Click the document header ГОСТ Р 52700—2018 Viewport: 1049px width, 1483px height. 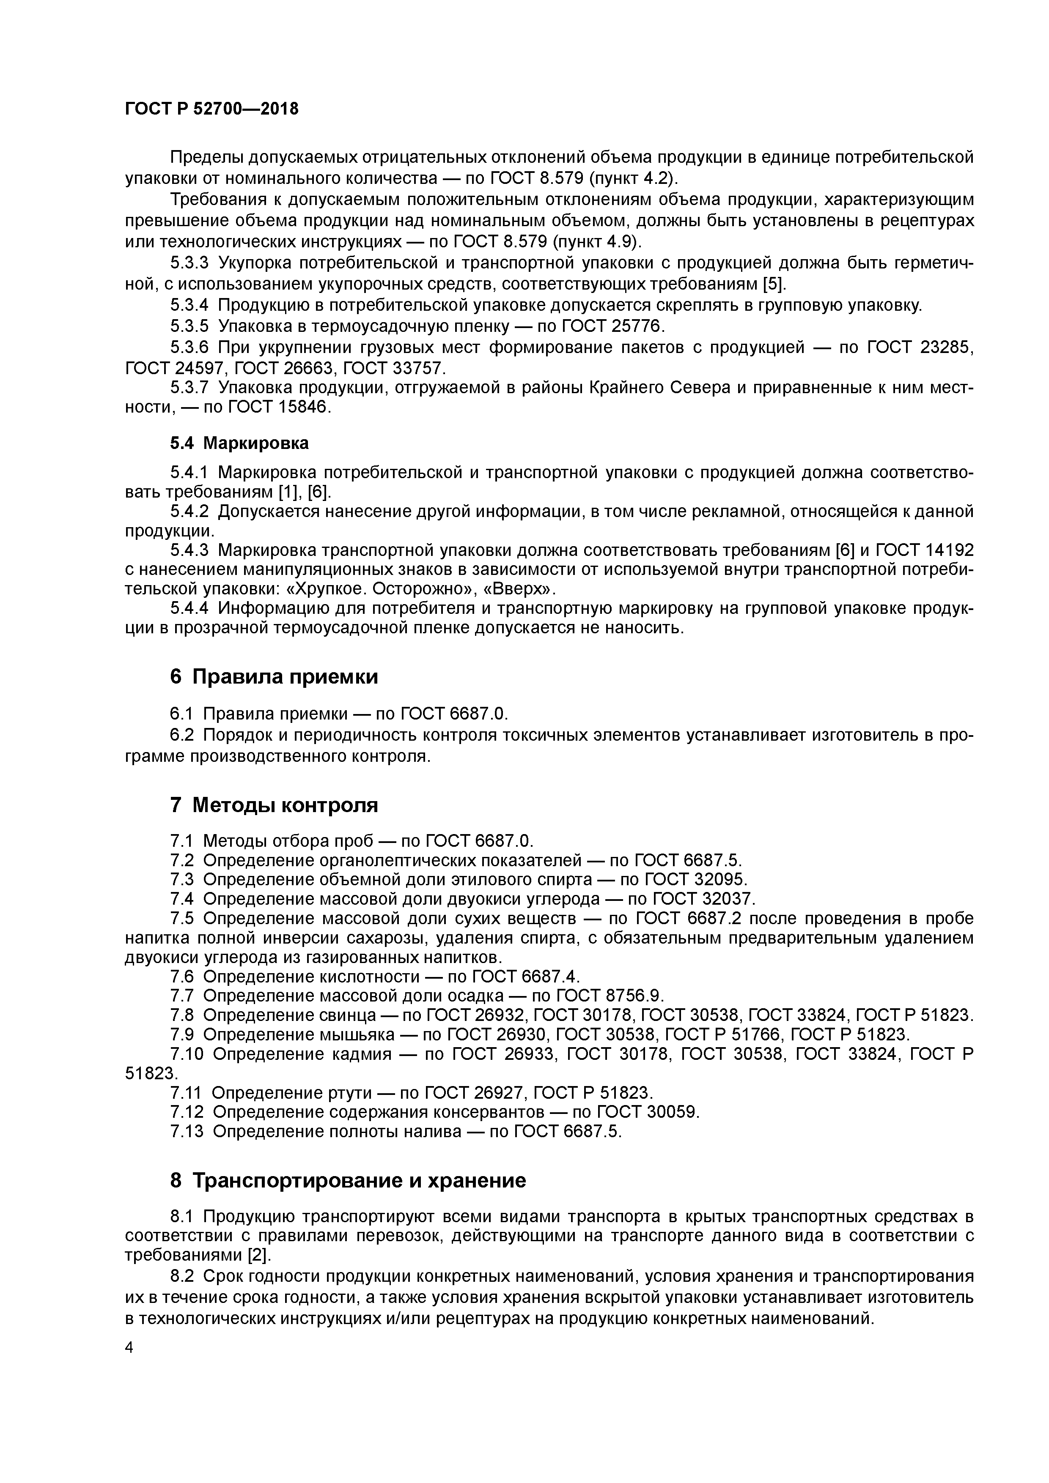click(211, 109)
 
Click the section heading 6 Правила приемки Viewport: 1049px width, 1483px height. click(274, 677)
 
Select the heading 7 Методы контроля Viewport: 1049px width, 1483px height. click(274, 805)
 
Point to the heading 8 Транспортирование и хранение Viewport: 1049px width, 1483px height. click(348, 1181)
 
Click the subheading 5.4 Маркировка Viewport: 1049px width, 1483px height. click(239, 443)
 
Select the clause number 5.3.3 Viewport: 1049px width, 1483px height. click(189, 263)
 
